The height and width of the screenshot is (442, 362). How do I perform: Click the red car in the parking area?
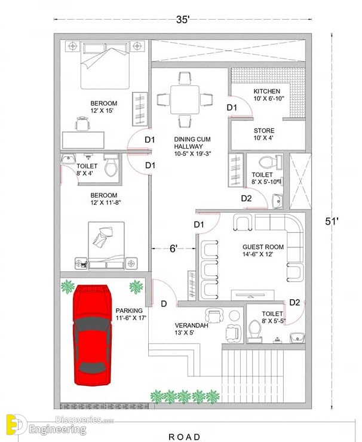(92, 335)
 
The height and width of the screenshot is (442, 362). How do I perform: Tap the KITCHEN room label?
(266, 91)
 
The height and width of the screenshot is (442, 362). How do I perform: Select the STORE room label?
(264, 131)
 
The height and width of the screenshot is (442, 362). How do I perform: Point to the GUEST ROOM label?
(263, 247)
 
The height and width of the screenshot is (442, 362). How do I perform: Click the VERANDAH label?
(191, 326)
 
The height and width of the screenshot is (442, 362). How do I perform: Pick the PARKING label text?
(129, 311)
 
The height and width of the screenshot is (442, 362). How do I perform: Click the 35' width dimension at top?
(183, 20)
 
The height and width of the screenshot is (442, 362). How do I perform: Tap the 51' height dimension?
(332, 222)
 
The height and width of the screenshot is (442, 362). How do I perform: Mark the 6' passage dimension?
(173, 248)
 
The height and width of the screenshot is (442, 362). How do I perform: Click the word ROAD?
(185, 437)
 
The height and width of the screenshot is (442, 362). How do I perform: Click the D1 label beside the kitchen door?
(232, 108)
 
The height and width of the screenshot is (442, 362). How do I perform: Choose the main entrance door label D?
(164, 303)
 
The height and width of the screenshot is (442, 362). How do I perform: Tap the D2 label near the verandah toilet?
(294, 302)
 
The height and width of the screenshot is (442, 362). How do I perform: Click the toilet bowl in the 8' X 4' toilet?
(111, 167)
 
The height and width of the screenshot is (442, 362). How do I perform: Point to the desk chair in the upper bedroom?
(82, 124)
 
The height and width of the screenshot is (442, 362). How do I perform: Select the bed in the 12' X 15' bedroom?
(105, 65)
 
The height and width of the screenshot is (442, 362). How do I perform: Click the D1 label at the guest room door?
(199, 225)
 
